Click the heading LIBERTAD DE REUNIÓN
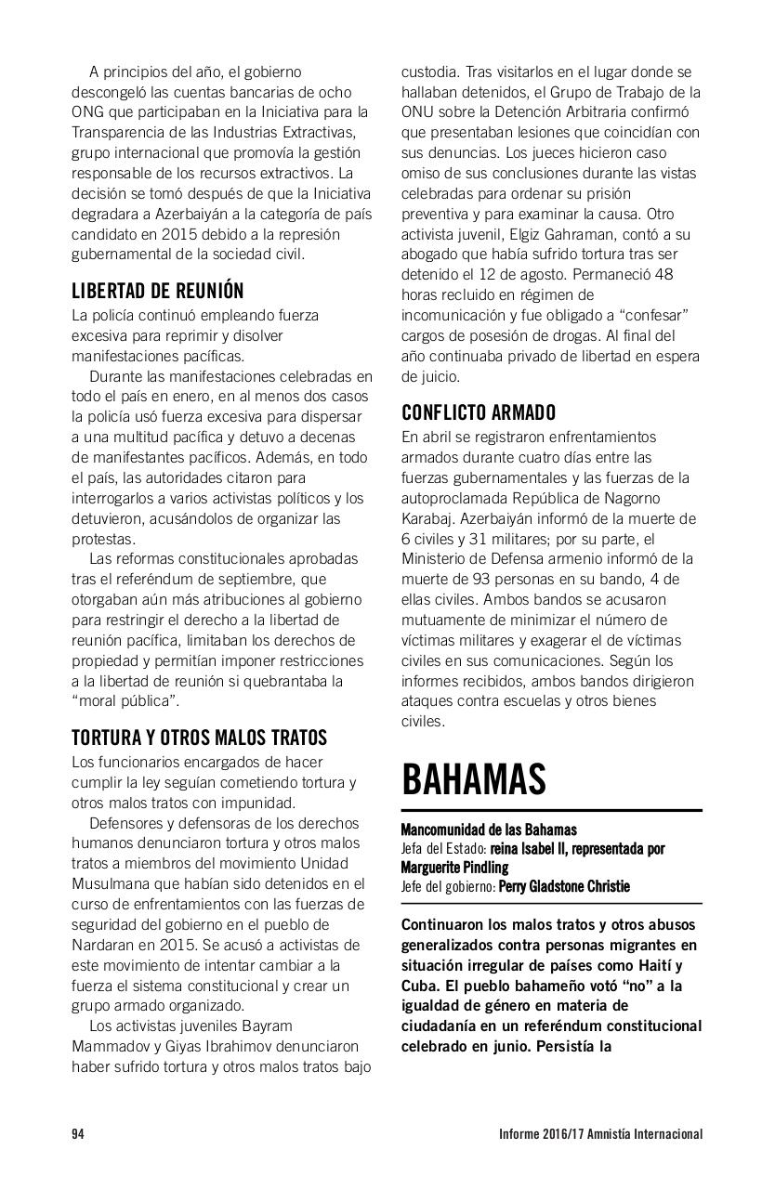pyautogui.click(x=157, y=291)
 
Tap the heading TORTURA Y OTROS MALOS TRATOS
pyautogui.click(x=199, y=738)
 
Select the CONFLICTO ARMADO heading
pyautogui.click(x=479, y=412)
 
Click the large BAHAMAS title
pyautogui.click(x=473, y=779)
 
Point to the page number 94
pyautogui.click(x=78, y=1133)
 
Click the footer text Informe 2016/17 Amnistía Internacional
pyautogui.click(x=598, y=1133)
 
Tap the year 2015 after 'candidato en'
pyautogui.click(x=216, y=234)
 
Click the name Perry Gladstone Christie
pyautogui.click(x=564, y=886)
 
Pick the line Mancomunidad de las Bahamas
pyautogui.click(x=489, y=830)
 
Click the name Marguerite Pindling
pyautogui.click(x=454, y=868)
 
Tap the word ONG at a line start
pyautogui.click(x=86, y=111)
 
